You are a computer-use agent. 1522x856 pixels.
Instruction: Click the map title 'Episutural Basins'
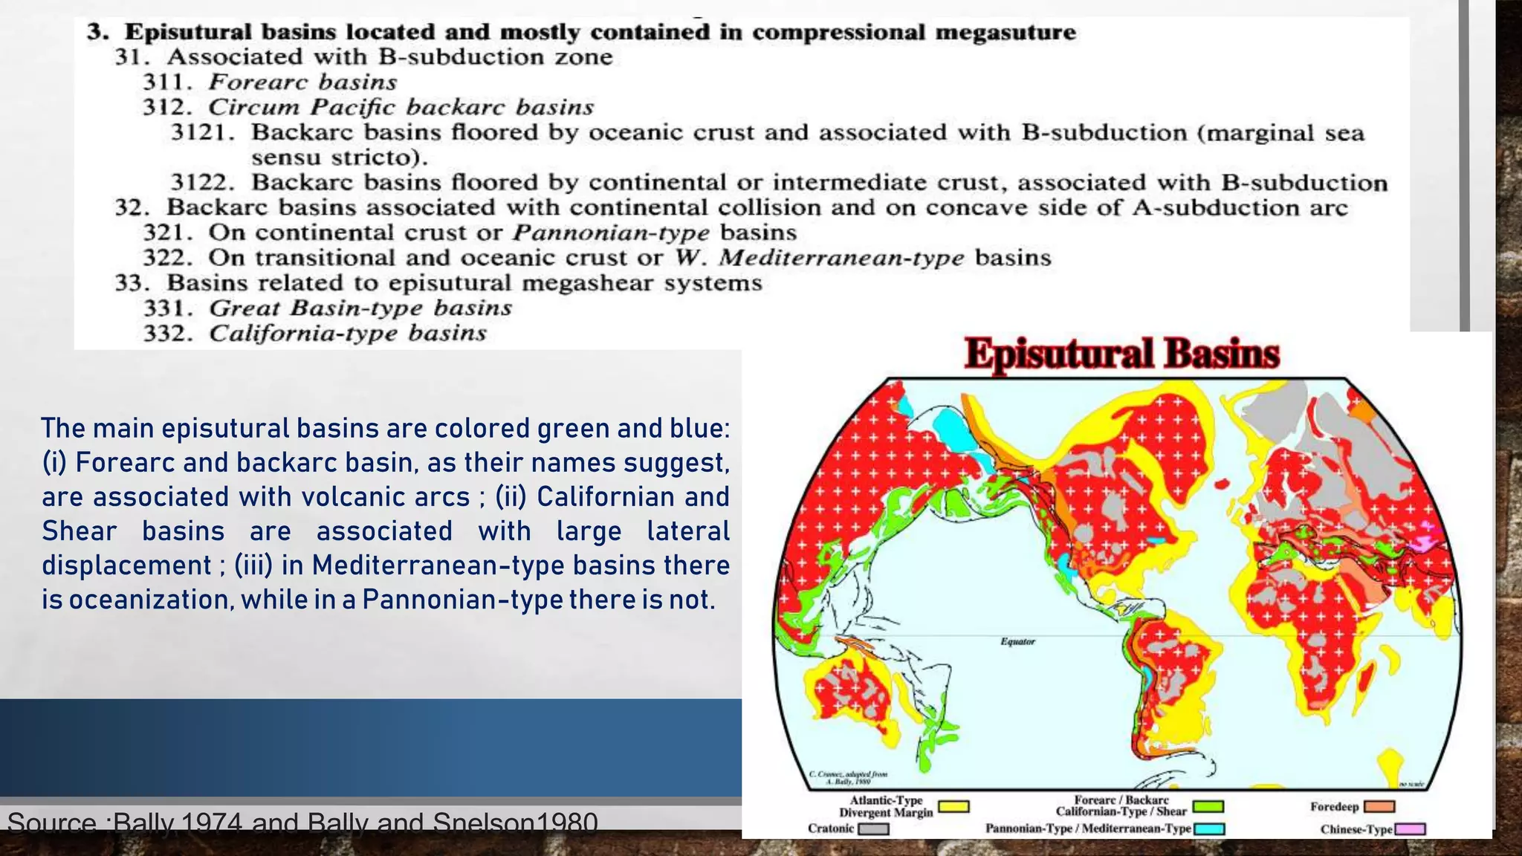click(1121, 354)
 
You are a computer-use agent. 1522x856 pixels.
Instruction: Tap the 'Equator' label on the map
click(1017, 641)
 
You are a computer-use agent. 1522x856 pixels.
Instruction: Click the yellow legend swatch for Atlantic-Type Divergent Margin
click(953, 807)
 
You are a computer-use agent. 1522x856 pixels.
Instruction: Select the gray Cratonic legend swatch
click(874, 829)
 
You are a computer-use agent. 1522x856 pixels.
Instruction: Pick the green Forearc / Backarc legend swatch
click(1208, 807)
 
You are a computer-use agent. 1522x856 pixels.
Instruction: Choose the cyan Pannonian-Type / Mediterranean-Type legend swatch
click(1209, 829)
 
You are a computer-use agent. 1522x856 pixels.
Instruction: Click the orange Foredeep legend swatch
click(1379, 807)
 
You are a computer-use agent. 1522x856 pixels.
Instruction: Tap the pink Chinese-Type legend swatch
click(1410, 829)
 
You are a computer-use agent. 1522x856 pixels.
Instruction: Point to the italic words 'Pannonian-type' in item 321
click(611, 233)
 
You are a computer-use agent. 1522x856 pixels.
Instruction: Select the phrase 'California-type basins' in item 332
click(348, 333)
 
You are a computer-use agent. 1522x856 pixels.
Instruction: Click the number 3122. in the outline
click(203, 182)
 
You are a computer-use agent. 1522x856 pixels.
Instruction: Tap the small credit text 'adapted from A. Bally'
click(847, 777)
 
